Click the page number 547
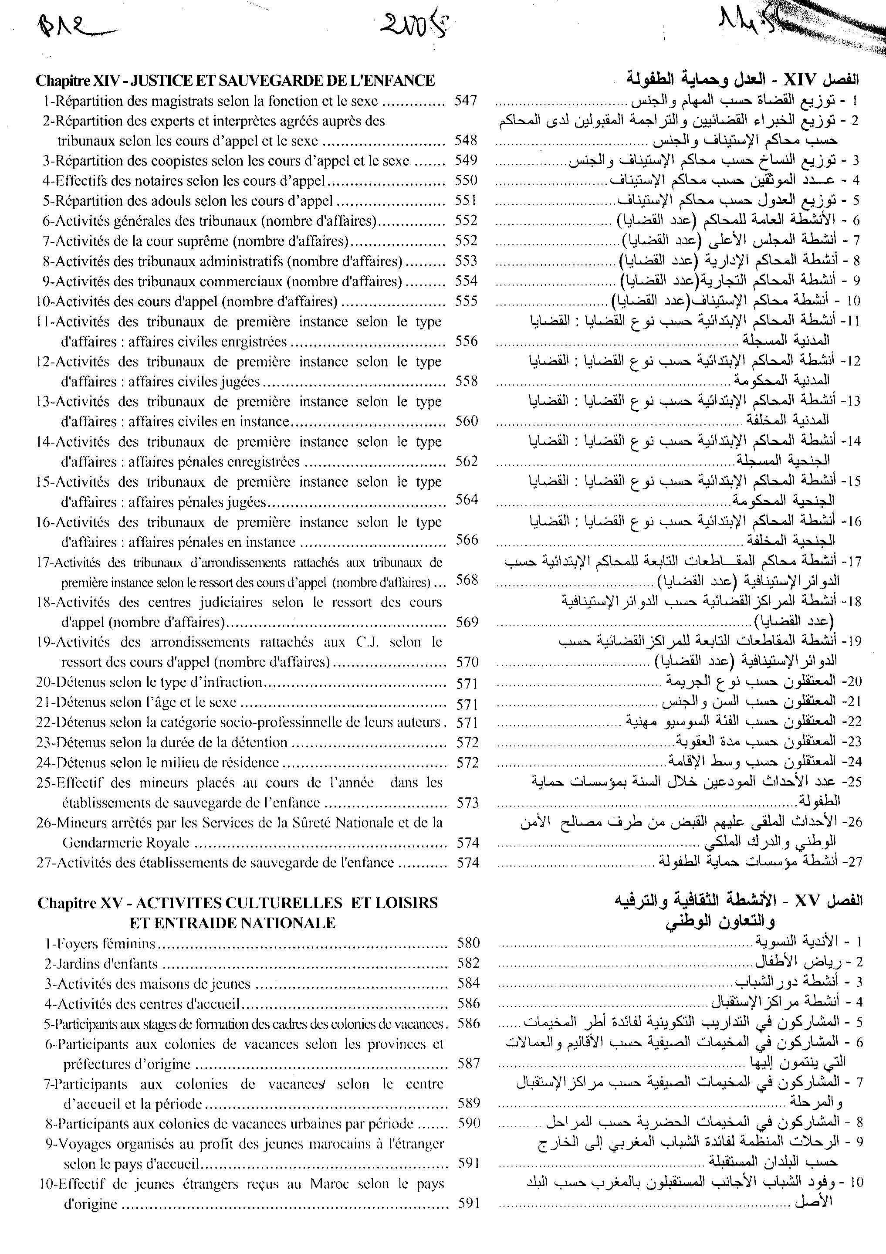click(x=466, y=101)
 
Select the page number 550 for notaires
click(x=466, y=180)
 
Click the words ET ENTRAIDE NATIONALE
click(x=233, y=923)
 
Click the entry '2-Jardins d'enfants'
click(x=101, y=963)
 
